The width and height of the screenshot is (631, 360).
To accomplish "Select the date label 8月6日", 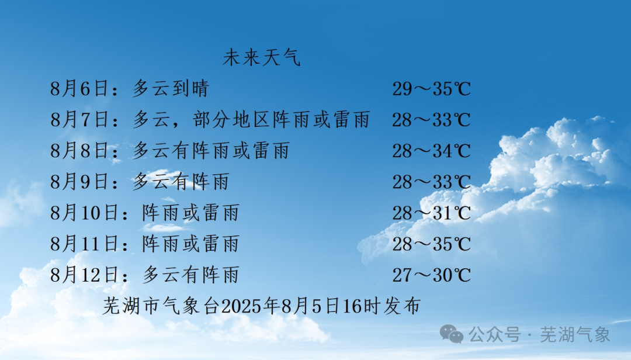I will point(79,89).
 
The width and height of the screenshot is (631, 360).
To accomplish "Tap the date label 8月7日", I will point(79,120).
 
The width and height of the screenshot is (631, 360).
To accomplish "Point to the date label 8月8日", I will point(79,151).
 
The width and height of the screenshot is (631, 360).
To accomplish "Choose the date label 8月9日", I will point(79,182).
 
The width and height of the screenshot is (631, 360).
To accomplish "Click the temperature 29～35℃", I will point(431,89).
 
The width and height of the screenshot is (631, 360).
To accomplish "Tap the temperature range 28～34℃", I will point(431,151).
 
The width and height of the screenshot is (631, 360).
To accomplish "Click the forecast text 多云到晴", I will point(171,89).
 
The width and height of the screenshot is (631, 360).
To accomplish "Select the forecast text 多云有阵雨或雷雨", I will point(211,151).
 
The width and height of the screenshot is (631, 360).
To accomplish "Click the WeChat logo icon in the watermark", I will point(451,334).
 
